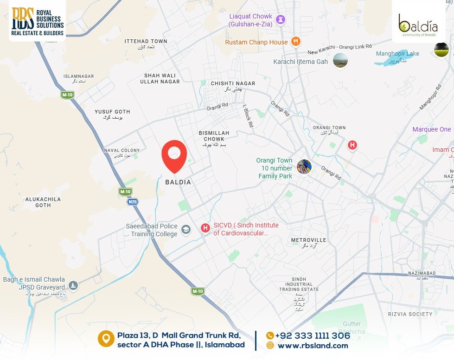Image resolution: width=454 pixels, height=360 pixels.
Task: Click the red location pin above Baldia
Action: coord(174,154)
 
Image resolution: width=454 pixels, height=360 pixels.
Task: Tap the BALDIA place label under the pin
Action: coord(178,183)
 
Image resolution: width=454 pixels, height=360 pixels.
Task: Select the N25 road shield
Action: coord(133,202)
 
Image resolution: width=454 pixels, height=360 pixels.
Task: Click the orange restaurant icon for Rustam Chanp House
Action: coord(296,42)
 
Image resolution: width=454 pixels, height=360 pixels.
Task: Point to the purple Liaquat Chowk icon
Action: coord(281,19)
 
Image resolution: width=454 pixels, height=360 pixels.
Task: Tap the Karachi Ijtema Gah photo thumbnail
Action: coord(340,61)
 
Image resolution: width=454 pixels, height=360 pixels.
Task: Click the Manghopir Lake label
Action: coord(397,54)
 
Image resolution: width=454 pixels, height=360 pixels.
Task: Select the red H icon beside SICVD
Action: coord(205,228)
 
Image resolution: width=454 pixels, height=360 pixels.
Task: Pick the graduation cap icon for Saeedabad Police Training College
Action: coord(186,230)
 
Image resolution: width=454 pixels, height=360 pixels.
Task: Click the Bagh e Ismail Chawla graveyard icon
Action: coord(73,284)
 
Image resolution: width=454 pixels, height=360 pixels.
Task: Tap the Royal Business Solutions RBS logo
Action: coord(37,21)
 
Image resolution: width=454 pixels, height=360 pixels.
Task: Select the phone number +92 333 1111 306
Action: coord(312,336)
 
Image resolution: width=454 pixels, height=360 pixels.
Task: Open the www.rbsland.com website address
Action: coord(313,345)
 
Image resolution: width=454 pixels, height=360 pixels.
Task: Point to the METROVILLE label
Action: coord(309,240)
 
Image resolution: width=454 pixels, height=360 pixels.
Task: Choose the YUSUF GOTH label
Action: coord(112,112)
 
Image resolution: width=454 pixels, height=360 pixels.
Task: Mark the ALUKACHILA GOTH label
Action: coord(43,202)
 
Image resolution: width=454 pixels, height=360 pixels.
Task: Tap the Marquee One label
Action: coord(431,129)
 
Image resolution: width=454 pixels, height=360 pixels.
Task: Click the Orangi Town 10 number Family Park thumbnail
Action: coord(304,166)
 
